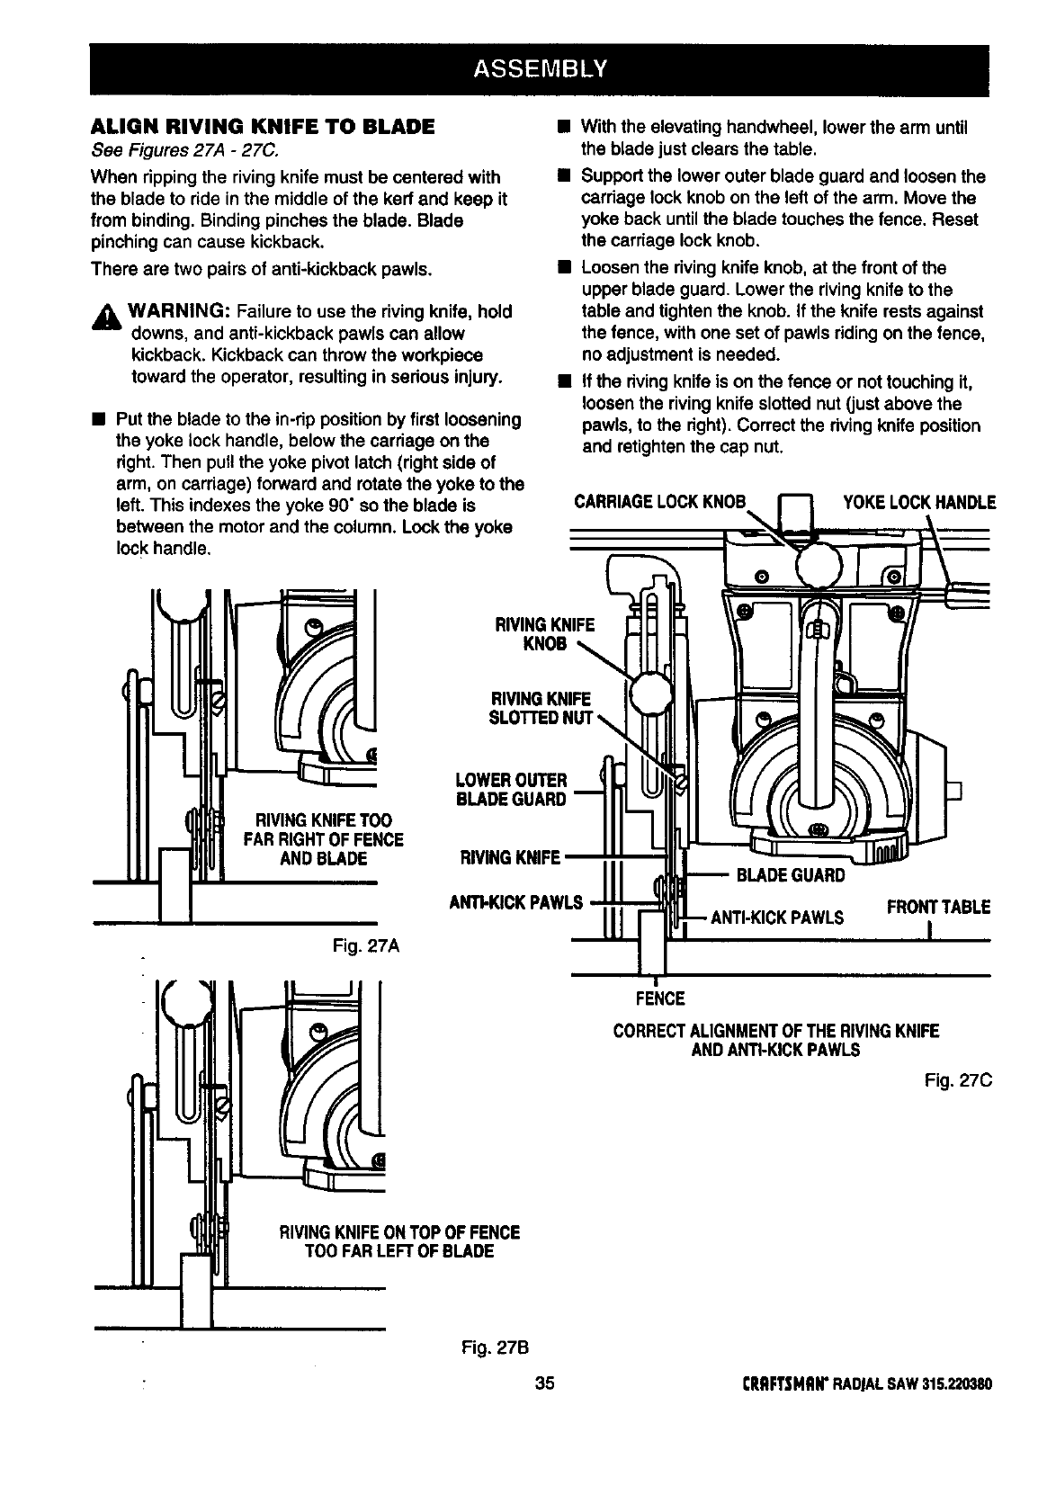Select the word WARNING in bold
[183, 311]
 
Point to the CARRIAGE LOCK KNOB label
[660, 502]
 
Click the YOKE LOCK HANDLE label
[918, 502]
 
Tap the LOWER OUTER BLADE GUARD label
[511, 789]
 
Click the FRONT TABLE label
[938, 907]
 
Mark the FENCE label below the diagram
[660, 998]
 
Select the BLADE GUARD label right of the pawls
[790, 875]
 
